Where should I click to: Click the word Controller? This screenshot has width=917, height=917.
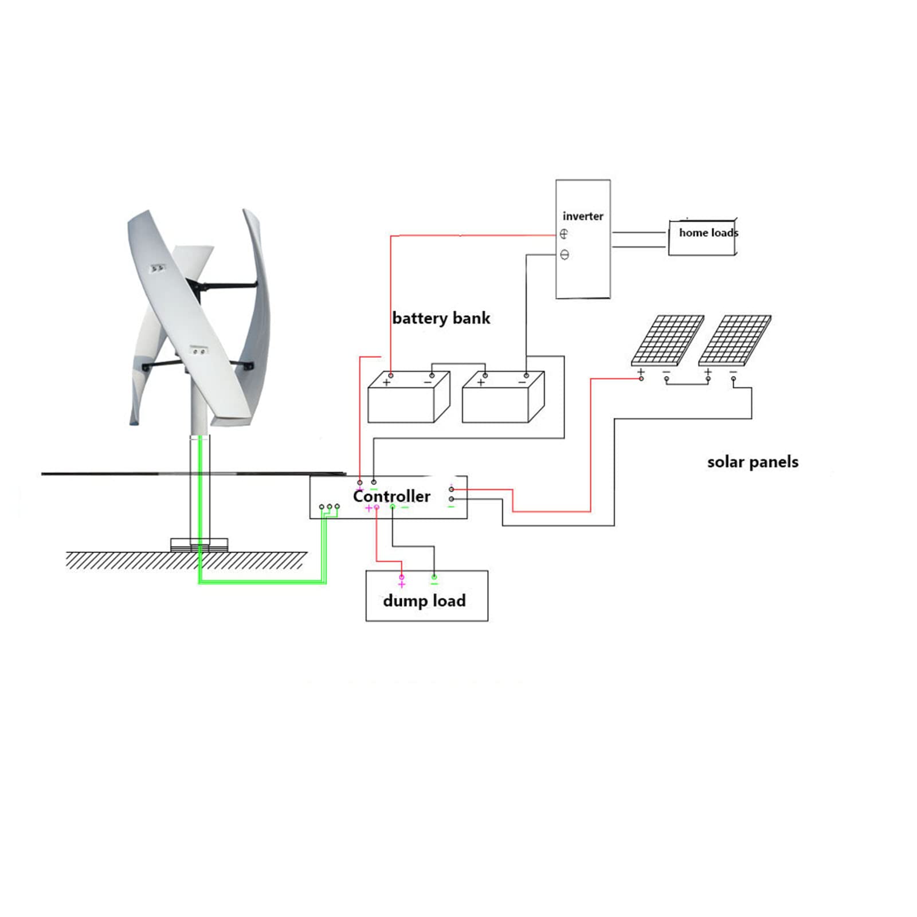[x=391, y=496]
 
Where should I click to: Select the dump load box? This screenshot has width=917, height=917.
[x=426, y=596]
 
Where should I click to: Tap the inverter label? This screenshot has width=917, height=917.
[x=583, y=216]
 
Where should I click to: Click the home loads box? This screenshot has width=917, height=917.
[x=703, y=237]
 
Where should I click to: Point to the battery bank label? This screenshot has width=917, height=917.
[x=441, y=318]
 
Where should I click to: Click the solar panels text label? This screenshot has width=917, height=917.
[x=753, y=462]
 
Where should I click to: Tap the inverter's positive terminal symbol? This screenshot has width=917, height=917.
[x=564, y=234]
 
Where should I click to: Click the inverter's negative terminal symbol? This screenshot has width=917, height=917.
[x=565, y=255]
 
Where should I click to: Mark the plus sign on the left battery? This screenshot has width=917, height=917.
[x=387, y=382]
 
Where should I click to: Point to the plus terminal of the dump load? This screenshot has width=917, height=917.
[x=402, y=578]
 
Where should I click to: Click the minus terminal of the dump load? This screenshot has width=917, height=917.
[x=434, y=578]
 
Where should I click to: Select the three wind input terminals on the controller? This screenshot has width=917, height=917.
[x=329, y=507]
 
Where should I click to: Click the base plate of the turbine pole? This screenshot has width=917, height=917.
[x=199, y=544]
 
